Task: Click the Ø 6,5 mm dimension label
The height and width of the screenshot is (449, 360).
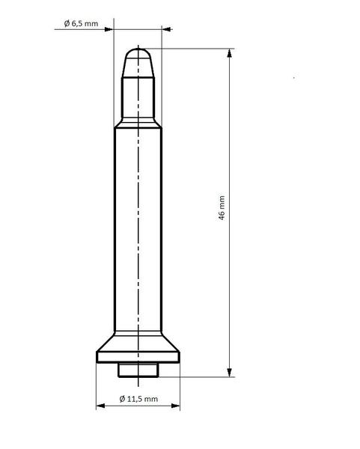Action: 82,23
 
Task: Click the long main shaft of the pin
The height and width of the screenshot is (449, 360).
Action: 138,224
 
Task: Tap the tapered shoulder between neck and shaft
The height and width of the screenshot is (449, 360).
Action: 138,122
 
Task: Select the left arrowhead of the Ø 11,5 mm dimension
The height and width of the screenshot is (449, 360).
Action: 100,407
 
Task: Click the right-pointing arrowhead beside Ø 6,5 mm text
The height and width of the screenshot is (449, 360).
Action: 109,29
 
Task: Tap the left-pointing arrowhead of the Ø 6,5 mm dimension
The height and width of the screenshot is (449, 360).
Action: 168,29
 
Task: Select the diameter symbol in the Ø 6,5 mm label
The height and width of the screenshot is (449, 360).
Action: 67,23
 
